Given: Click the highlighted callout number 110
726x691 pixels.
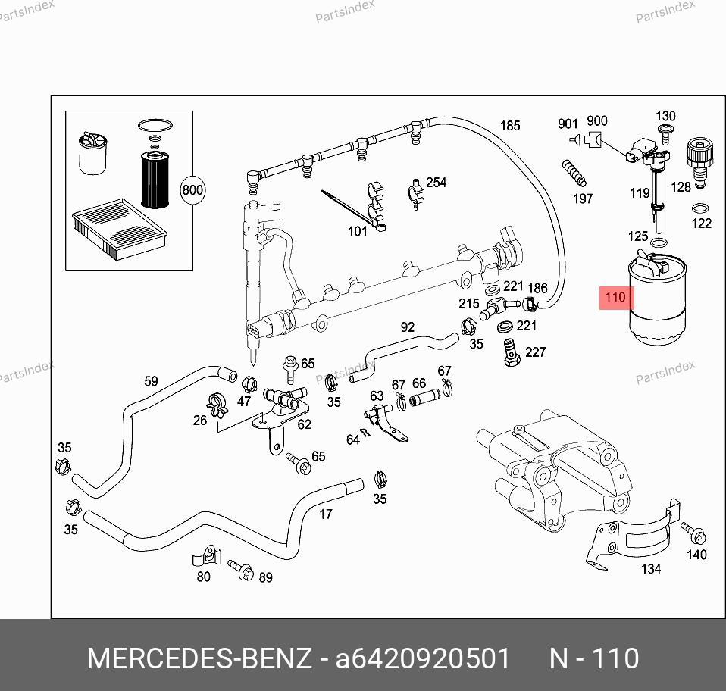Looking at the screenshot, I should pyautogui.click(x=615, y=297).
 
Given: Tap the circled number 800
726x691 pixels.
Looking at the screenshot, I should pyautogui.click(x=192, y=189).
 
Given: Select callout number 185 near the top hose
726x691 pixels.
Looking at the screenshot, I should pyautogui.click(x=510, y=126).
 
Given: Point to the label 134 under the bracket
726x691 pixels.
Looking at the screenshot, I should pyautogui.click(x=651, y=568).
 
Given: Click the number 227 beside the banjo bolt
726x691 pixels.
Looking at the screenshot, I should pyautogui.click(x=535, y=352).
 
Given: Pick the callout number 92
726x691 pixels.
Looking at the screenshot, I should pyautogui.click(x=408, y=327).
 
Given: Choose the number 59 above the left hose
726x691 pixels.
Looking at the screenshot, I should pyautogui.click(x=151, y=381).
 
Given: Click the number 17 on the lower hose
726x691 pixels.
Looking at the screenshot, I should pyautogui.click(x=325, y=514).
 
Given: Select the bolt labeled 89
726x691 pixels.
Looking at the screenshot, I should pyautogui.click(x=244, y=570).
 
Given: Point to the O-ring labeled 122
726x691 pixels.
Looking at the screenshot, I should pyautogui.click(x=700, y=208).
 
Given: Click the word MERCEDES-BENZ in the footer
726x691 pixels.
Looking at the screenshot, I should pyautogui.click(x=199, y=658).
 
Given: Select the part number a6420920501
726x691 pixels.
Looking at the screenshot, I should pyautogui.click(x=423, y=658).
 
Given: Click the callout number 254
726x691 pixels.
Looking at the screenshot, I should pyautogui.click(x=436, y=183).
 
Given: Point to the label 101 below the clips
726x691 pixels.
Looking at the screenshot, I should pyautogui.click(x=357, y=231).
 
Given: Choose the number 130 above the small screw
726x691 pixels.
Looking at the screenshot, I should pyautogui.click(x=665, y=117).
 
